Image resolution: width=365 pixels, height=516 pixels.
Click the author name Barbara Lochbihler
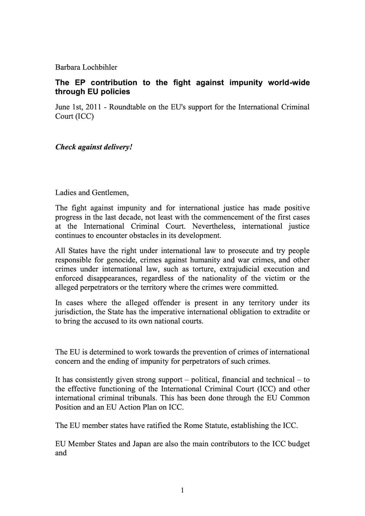coord(86,67)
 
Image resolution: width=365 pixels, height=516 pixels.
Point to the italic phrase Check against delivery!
coord(94,147)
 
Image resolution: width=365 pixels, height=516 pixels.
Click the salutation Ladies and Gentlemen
coord(92,193)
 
